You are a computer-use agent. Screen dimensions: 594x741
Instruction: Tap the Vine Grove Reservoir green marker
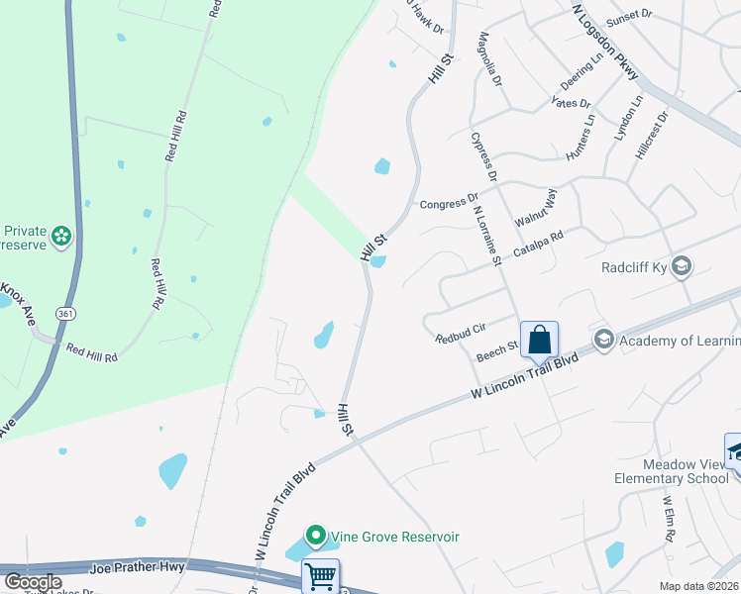click(x=316, y=537)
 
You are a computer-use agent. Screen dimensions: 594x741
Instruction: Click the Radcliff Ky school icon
click(x=681, y=266)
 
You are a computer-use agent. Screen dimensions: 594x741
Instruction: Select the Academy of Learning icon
click(x=603, y=341)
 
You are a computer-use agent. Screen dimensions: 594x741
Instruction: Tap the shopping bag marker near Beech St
click(x=540, y=340)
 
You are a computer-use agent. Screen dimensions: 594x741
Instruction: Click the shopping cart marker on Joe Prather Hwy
click(x=320, y=576)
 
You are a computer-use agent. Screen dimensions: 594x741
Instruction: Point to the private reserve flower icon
click(x=62, y=236)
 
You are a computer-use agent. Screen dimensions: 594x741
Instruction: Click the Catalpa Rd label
click(x=538, y=245)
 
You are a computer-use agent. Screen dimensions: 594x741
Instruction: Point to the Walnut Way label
click(x=535, y=209)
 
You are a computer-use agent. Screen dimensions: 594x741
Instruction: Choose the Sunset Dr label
click(x=630, y=16)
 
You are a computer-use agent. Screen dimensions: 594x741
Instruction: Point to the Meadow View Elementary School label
click(x=685, y=471)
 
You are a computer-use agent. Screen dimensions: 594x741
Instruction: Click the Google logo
click(x=33, y=582)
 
